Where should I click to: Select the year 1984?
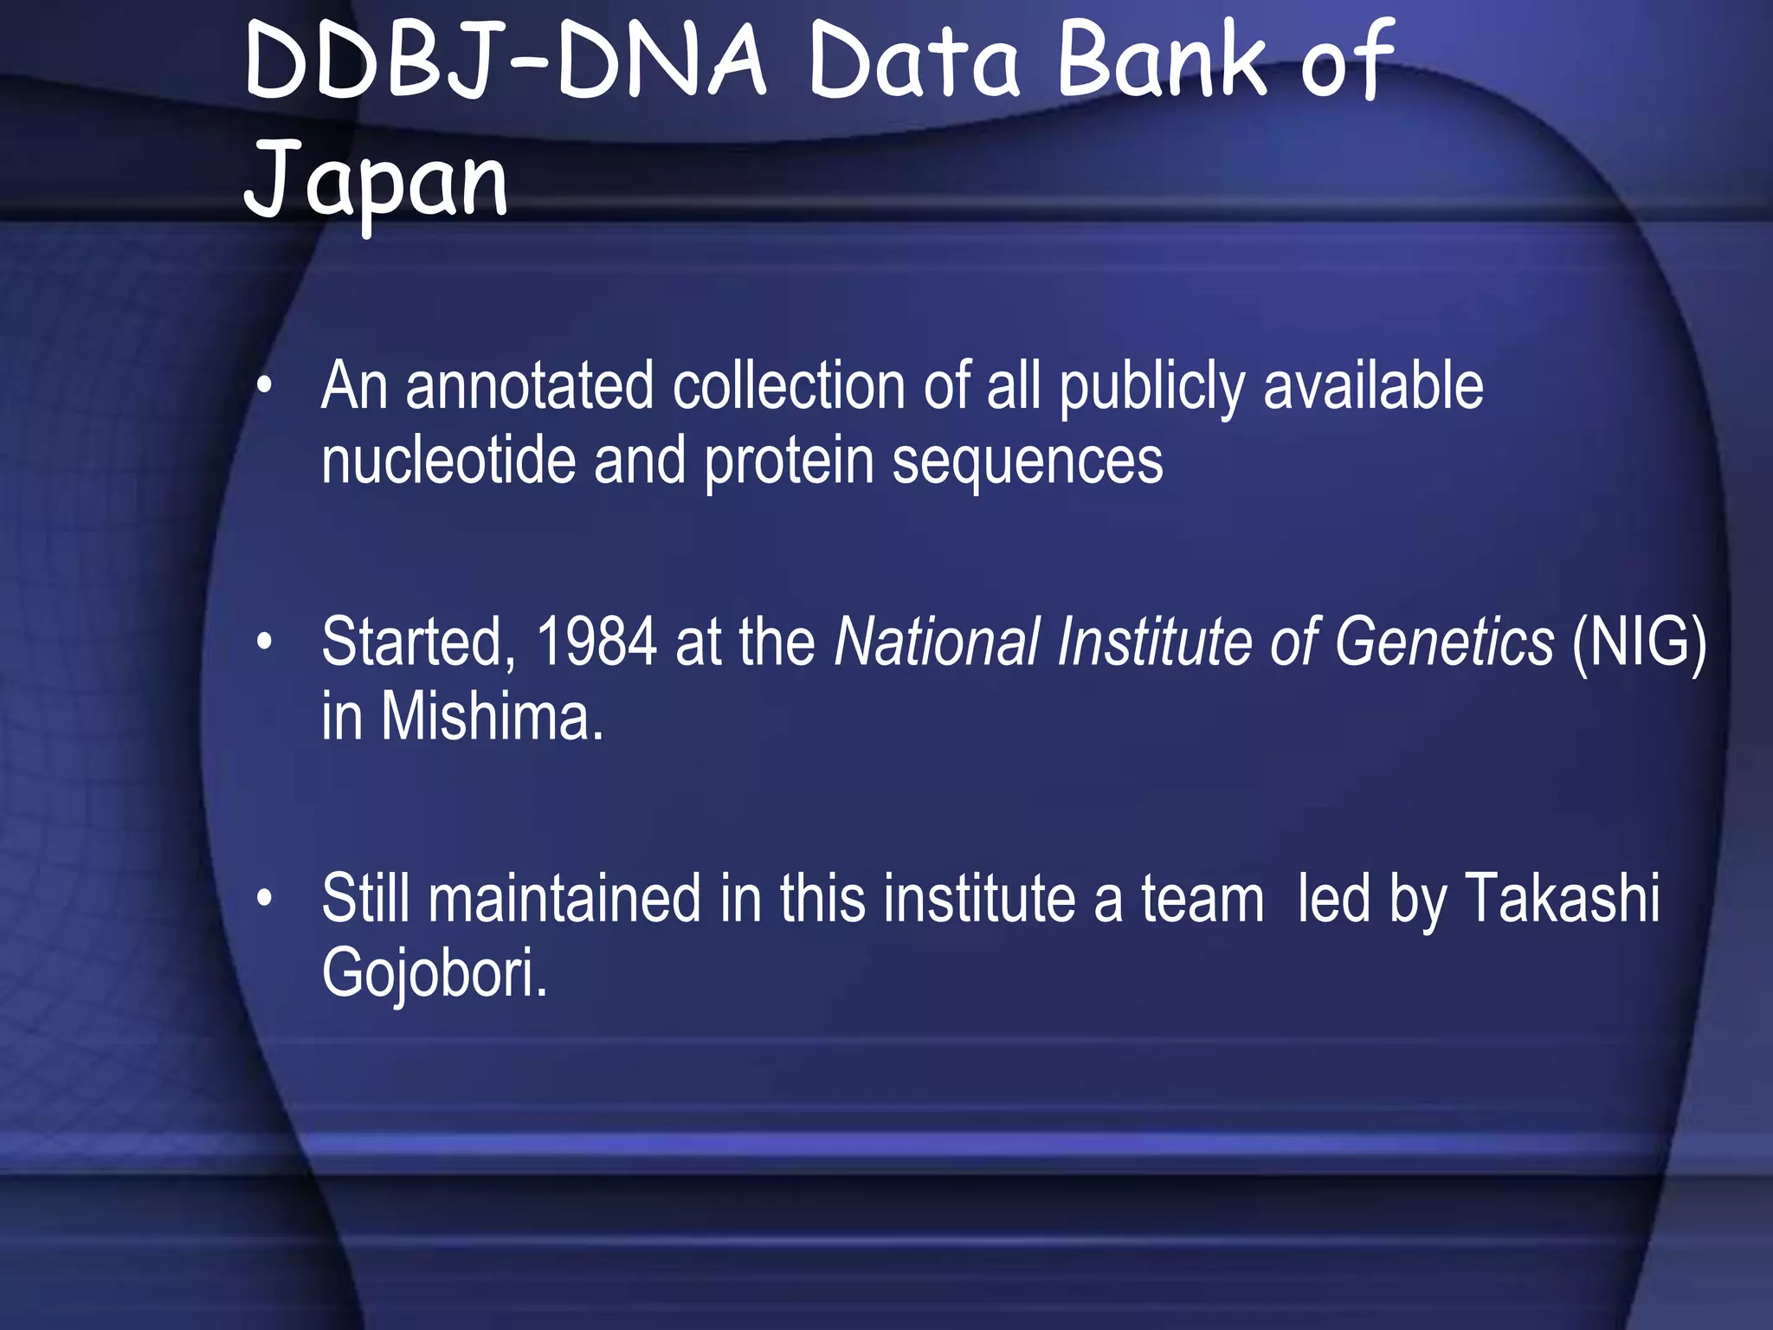pos(596,642)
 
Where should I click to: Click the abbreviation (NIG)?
pos(1639,642)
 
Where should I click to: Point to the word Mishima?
pos(491,718)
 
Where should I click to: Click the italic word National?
pos(936,642)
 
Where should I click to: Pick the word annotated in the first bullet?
pos(529,386)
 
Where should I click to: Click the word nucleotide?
pos(448,461)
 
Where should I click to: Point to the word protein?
pos(789,462)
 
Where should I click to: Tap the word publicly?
pos(1151,388)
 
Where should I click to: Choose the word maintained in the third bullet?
pos(564,899)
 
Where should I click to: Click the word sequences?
pos(1028,462)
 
